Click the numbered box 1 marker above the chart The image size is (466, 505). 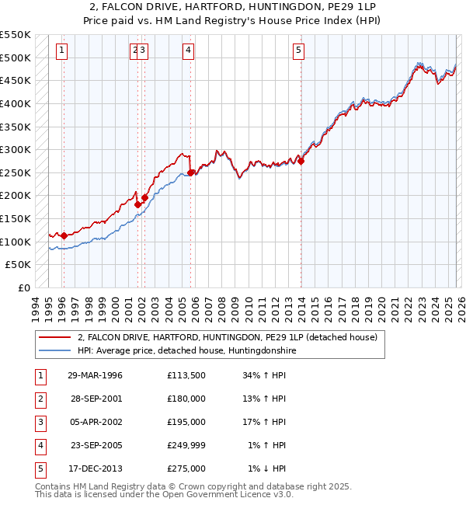pyautogui.click(x=61, y=51)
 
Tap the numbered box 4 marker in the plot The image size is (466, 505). pyautogui.click(x=188, y=51)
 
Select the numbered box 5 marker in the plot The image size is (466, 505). pyautogui.click(x=299, y=51)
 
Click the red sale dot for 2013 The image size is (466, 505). pyautogui.click(x=301, y=161)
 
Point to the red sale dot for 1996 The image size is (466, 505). pyautogui.click(x=63, y=235)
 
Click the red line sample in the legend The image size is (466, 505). pyautogui.click(x=55, y=337)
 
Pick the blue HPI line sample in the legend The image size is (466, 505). pyautogui.click(x=55, y=350)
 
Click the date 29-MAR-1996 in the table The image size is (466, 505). pyautogui.click(x=95, y=376)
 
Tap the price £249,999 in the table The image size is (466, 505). pyautogui.click(x=186, y=446)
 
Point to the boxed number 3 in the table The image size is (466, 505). pyautogui.click(x=38, y=423)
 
